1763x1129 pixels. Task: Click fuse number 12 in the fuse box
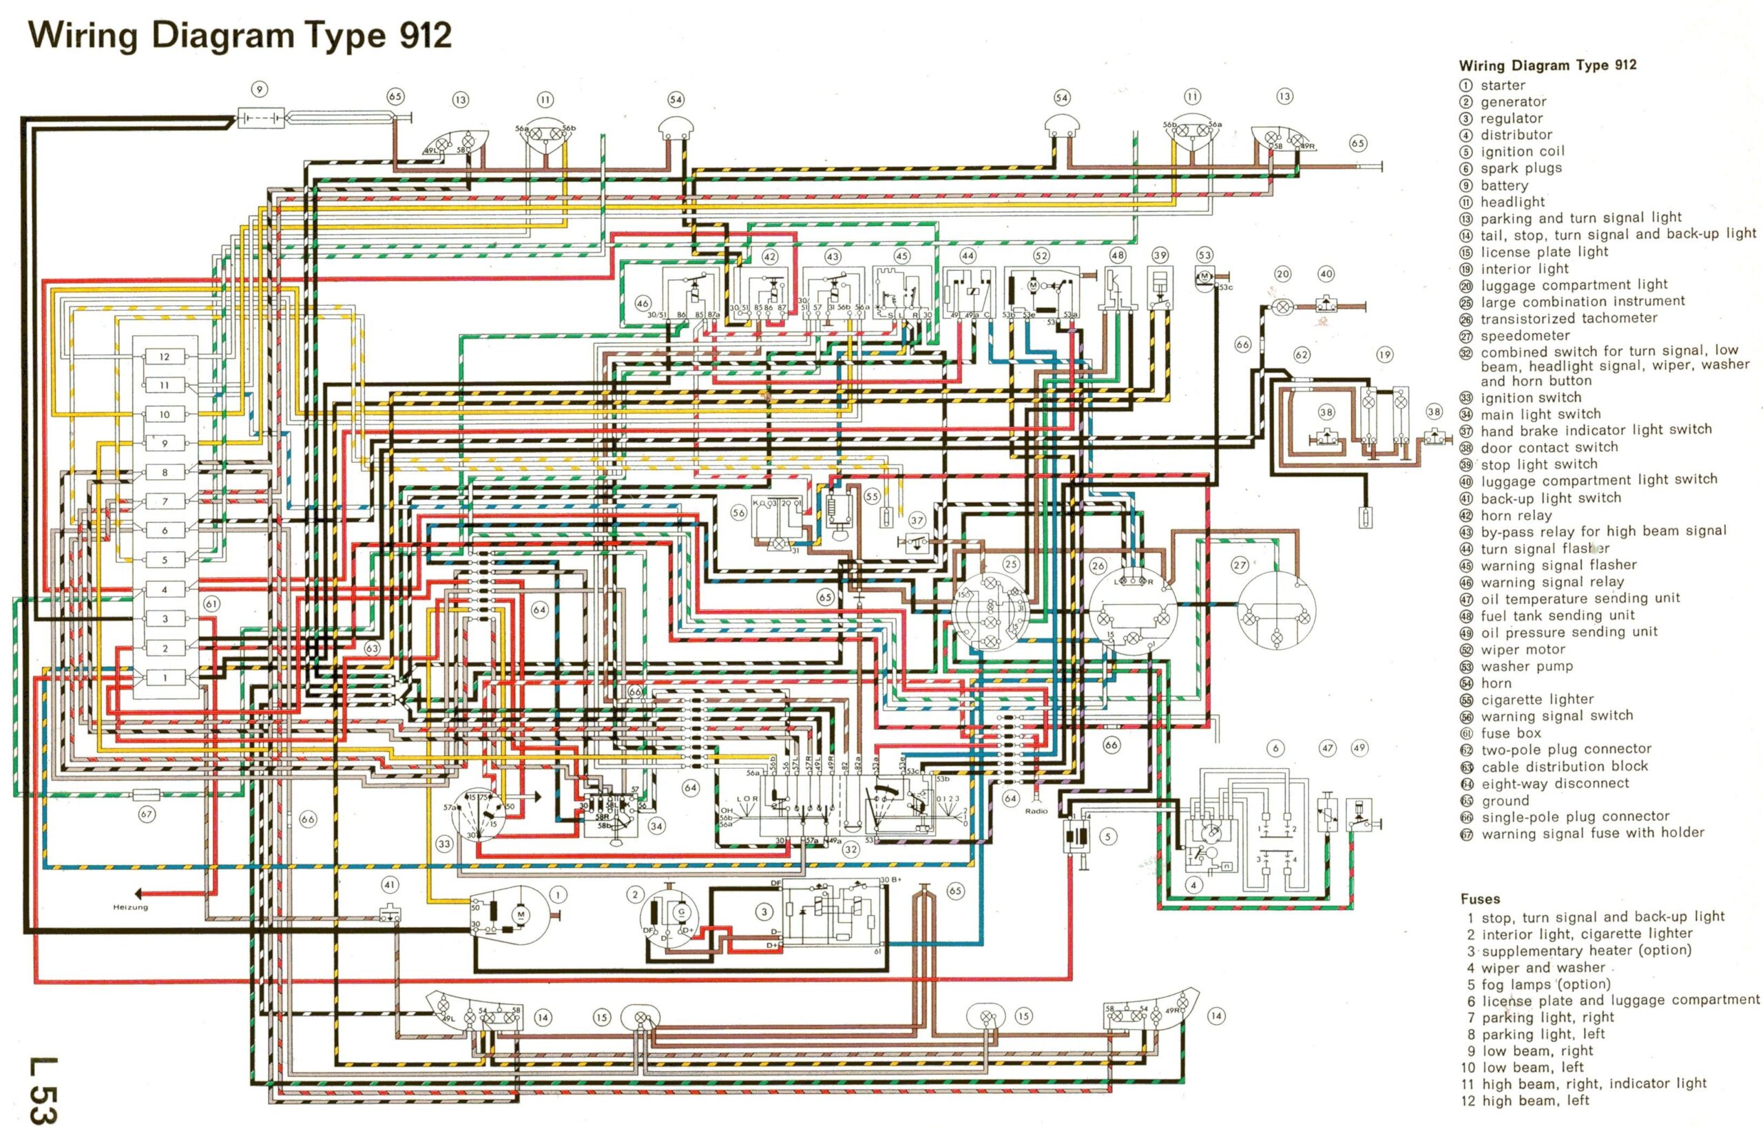[x=164, y=356]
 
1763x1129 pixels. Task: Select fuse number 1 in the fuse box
[x=164, y=677]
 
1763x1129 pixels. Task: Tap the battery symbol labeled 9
[x=261, y=117]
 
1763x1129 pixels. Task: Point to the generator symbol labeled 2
[x=670, y=916]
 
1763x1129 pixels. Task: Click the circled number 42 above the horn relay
[x=769, y=256]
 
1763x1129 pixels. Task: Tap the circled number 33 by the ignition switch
[x=444, y=844]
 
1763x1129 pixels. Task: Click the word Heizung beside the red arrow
[x=130, y=908]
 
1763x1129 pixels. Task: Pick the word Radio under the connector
[x=1036, y=811]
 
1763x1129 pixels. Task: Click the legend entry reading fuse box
[x=1510, y=733]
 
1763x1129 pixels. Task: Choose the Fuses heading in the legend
[x=1479, y=899]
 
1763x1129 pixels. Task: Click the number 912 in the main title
[x=425, y=35]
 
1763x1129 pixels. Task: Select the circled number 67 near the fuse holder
[x=147, y=814]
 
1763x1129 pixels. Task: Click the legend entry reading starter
[x=1502, y=85]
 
